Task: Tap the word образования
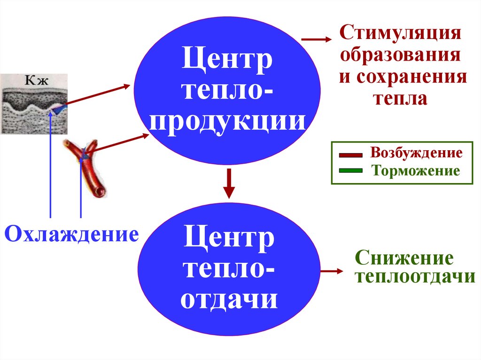pyautogui.click(x=400, y=55)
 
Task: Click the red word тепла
pyautogui.click(x=400, y=98)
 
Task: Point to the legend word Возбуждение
pyautogui.click(x=416, y=153)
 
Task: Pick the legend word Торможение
pyautogui.click(x=416, y=170)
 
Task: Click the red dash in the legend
pyautogui.click(x=350, y=154)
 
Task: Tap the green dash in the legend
pyautogui.click(x=350, y=171)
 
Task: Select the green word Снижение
pyautogui.click(x=404, y=258)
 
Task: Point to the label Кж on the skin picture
pyautogui.click(x=34, y=81)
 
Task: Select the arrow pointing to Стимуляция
pyautogui.click(x=316, y=40)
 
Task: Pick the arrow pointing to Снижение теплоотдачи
pyautogui.click(x=333, y=271)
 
